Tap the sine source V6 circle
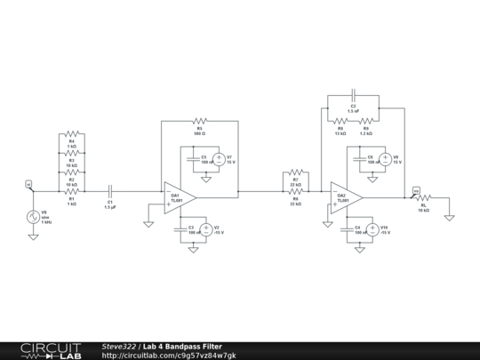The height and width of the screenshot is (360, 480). (x=33, y=217)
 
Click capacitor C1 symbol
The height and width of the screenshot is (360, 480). (x=110, y=190)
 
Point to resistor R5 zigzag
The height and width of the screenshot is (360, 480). (x=200, y=120)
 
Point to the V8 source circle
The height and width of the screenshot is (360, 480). (x=385, y=161)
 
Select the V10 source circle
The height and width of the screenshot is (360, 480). (x=373, y=229)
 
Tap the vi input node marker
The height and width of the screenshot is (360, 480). (x=28, y=184)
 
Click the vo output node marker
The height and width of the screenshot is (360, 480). (x=415, y=188)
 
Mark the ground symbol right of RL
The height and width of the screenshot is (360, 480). (x=451, y=216)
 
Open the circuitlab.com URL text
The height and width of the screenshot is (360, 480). (x=169, y=355)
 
